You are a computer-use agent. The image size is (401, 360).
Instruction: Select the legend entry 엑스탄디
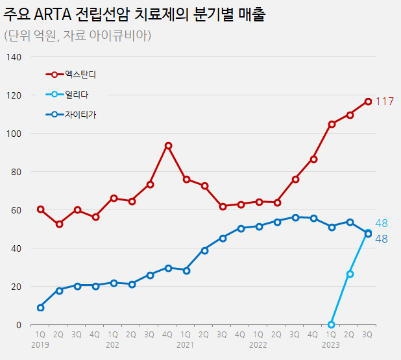(x=85, y=75)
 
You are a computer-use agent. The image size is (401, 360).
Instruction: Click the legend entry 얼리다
(x=77, y=95)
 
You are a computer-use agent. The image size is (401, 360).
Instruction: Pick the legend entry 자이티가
(x=80, y=115)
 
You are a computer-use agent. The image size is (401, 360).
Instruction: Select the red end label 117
(x=385, y=101)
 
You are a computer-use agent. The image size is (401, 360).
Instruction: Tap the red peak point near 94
(x=168, y=145)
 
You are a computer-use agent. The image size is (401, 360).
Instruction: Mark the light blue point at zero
(x=332, y=324)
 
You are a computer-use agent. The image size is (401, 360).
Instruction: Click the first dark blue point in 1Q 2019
(x=41, y=307)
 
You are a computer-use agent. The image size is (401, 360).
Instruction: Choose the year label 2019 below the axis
(x=40, y=346)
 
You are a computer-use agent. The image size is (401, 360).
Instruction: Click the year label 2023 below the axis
(x=331, y=346)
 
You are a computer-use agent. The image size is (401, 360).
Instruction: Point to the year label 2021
(x=186, y=346)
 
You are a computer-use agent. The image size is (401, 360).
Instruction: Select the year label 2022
(x=258, y=346)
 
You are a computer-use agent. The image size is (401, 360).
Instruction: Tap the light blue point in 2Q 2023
(x=350, y=274)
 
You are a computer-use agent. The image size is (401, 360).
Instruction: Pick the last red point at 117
(x=368, y=101)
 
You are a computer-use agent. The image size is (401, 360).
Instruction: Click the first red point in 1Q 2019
(x=41, y=210)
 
